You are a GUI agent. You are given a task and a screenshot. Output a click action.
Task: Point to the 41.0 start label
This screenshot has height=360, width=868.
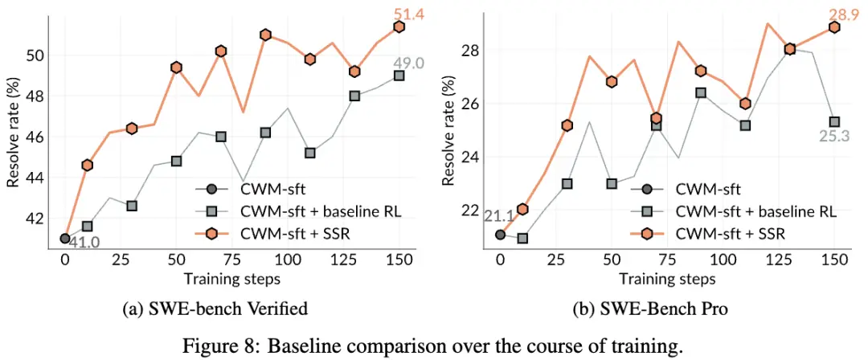(x=84, y=242)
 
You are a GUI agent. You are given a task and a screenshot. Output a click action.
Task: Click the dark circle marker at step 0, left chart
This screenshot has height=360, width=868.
(x=65, y=239)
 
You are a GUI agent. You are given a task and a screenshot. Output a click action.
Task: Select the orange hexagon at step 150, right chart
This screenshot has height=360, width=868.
(x=834, y=27)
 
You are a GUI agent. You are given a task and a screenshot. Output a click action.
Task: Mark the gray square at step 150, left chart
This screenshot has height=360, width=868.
(x=399, y=76)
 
